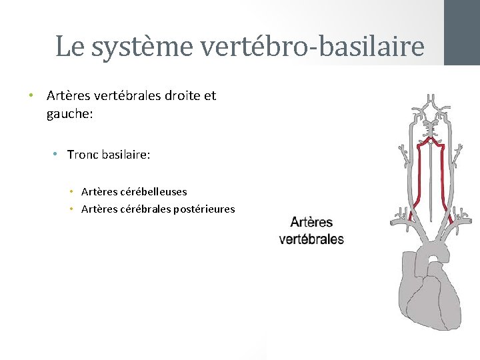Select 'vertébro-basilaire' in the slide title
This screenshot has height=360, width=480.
[x=312, y=47]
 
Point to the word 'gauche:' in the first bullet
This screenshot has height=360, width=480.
[x=70, y=114]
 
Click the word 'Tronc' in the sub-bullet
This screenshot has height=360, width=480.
[x=83, y=155]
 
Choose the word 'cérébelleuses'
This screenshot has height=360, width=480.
[x=155, y=192]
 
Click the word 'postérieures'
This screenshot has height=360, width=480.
[x=204, y=209]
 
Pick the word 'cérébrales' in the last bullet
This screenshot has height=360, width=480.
[x=145, y=209]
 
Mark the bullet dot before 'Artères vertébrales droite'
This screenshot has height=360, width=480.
[x=31, y=95]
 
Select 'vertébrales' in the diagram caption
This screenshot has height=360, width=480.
[x=311, y=239]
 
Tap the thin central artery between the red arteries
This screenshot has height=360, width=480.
[x=431, y=180]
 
